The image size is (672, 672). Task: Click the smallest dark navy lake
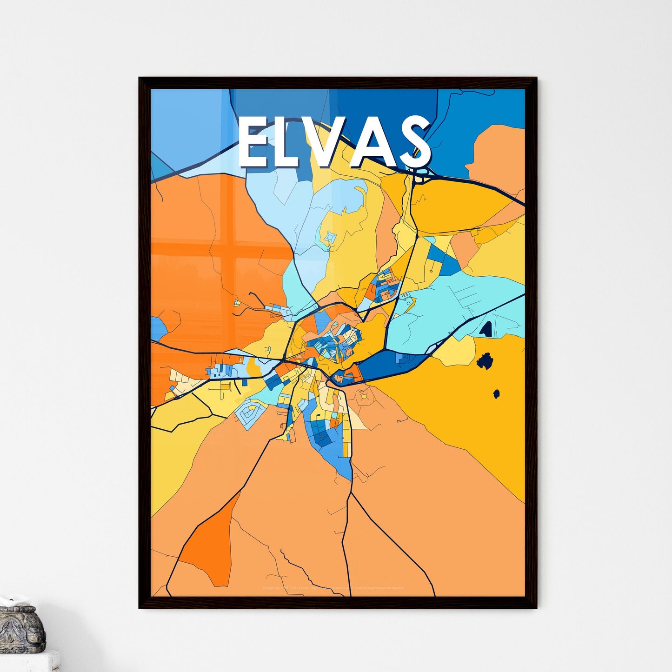click(x=496, y=394)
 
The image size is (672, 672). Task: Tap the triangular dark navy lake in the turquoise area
click(x=486, y=329)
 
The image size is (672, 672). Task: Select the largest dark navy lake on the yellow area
click(x=485, y=361)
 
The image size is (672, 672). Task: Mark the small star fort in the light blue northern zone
click(x=330, y=238)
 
